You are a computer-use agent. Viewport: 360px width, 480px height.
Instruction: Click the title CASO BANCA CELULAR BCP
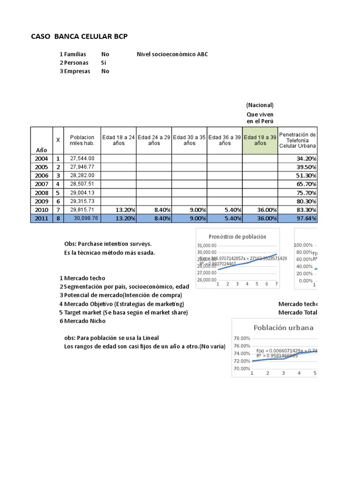tap(79, 36)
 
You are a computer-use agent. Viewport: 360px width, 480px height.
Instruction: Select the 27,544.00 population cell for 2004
tap(82, 158)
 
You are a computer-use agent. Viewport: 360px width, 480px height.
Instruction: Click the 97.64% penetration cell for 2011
tap(298, 218)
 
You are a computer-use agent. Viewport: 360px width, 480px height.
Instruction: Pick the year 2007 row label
tap(41, 184)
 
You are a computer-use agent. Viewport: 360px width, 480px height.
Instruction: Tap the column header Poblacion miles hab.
tap(82, 140)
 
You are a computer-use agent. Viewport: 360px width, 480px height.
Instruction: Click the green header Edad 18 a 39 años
tap(260, 140)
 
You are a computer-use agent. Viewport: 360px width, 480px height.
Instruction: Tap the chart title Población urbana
tap(284, 328)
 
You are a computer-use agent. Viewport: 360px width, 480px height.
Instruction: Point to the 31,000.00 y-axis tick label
tap(207, 246)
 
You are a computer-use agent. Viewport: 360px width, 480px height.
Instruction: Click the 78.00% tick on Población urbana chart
tap(242, 338)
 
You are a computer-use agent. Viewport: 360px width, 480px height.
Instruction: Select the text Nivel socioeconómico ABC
tap(172, 54)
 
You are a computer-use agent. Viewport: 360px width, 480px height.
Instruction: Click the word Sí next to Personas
tap(104, 63)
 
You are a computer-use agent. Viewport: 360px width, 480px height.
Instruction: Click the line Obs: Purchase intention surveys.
tap(108, 244)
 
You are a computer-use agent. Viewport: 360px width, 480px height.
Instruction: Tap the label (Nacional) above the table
tap(260, 105)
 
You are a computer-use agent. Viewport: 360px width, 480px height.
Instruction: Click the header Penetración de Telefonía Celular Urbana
tap(298, 140)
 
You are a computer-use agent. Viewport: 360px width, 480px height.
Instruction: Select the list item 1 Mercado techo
tap(82, 278)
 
